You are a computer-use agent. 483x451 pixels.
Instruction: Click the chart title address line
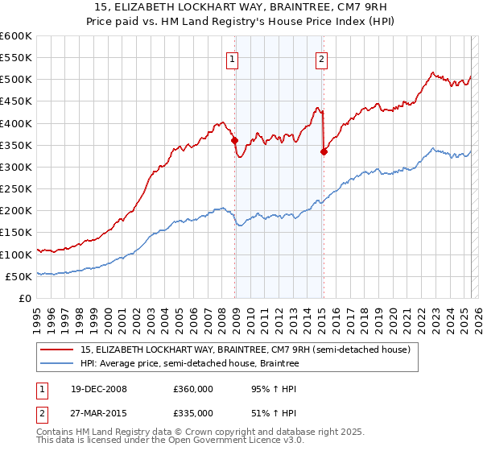[x=242, y=9]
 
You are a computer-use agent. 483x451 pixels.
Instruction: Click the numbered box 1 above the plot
[x=232, y=58]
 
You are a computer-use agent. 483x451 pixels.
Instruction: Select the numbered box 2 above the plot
[x=321, y=58]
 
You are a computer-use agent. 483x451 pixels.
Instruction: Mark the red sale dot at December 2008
[x=235, y=140]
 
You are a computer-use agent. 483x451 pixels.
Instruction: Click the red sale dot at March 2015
[x=324, y=151]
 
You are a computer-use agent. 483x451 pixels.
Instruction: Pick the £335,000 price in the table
[x=192, y=412]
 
